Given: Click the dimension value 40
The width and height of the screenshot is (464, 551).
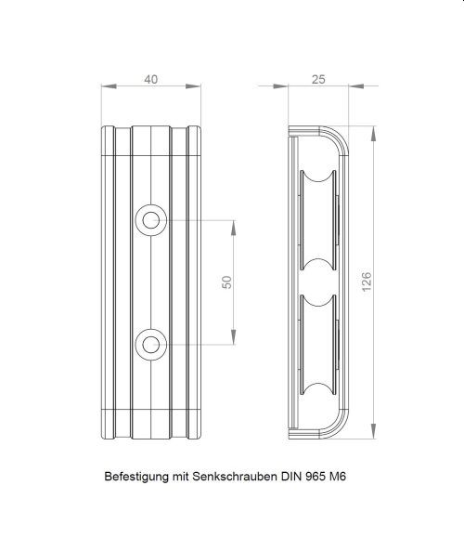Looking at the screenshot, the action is tap(151, 79).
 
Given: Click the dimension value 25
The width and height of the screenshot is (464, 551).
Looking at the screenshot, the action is tap(318, 79).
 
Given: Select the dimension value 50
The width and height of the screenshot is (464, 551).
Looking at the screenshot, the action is tap(227, 282).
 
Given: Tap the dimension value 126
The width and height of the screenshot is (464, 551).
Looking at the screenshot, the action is tap(366, 282).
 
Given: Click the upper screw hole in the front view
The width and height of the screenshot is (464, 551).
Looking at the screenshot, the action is tap(151, 220).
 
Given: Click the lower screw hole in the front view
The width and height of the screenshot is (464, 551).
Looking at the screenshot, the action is tap(151, 345).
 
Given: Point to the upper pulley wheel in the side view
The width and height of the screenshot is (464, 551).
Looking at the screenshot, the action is tap(318, 220).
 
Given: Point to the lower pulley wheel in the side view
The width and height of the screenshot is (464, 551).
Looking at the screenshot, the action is tap(318, 345).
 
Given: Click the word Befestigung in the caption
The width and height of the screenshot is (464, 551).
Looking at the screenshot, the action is tap(136, 477).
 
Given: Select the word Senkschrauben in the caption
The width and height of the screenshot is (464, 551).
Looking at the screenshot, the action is tap(234, 477).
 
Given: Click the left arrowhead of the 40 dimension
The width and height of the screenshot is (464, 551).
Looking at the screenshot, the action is tap(109, 86).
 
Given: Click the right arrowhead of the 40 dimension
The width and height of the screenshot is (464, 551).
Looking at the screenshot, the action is tap(193, 86).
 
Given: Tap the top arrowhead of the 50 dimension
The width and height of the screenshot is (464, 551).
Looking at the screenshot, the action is tap(234, 228).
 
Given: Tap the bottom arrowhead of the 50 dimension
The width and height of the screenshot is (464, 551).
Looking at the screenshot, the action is tap(234, 337).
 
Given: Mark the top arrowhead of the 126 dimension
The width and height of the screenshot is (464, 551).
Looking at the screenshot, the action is tap(373, 134).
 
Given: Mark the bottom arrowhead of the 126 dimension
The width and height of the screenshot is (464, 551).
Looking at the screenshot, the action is tap(373, 431).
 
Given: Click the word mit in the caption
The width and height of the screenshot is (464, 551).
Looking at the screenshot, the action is tap(180, 477).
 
